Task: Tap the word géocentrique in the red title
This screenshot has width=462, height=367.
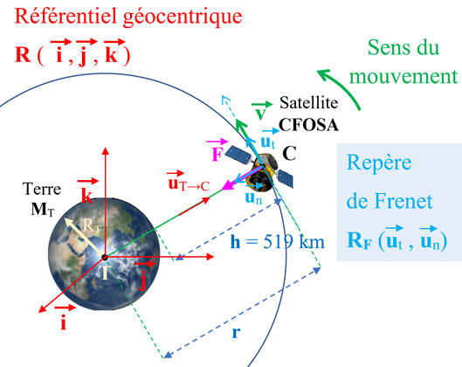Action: [x=183, y=17]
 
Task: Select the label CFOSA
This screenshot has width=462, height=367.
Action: [x=308, y=125]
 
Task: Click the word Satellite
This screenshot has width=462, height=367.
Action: [x=308, y=103]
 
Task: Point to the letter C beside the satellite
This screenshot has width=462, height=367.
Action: [x=289, y=153]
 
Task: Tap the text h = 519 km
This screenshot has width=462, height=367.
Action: [x=277, y=242]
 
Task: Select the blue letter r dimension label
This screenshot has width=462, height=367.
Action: [x=236, y=333]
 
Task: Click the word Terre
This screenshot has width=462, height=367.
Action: [x=42, y=189]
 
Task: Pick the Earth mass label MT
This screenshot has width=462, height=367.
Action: [x=43, y=210]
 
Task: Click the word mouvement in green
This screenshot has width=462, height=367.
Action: [x=403, y=76]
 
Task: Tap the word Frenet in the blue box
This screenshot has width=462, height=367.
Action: [x=403, y=201]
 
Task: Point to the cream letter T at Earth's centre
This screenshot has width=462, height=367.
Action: [x=105, y=273]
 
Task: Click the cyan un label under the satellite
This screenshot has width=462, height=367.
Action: [x=253, y=198]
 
